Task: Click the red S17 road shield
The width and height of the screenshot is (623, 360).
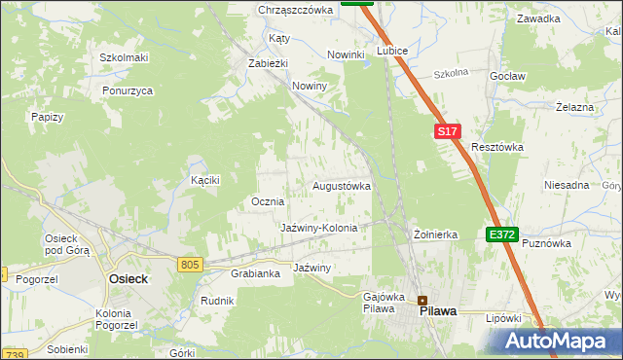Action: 446,131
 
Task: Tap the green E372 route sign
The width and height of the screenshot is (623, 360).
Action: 502,234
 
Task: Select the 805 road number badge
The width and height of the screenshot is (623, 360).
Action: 190,264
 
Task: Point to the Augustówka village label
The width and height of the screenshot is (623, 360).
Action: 341,185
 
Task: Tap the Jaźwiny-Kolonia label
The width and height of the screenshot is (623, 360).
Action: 319,228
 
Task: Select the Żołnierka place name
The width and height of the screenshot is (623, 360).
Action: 435,234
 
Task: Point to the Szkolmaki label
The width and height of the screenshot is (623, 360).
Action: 124,57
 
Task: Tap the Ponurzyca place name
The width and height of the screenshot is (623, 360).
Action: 128,90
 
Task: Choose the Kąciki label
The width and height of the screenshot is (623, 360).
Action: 205,180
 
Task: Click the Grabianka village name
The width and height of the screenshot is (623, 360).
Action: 255,273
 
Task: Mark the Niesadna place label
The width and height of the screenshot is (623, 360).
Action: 567,185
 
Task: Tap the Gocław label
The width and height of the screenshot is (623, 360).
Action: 508,76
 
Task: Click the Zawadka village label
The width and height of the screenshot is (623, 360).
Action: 538,18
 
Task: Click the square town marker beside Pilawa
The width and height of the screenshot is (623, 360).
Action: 422,300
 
